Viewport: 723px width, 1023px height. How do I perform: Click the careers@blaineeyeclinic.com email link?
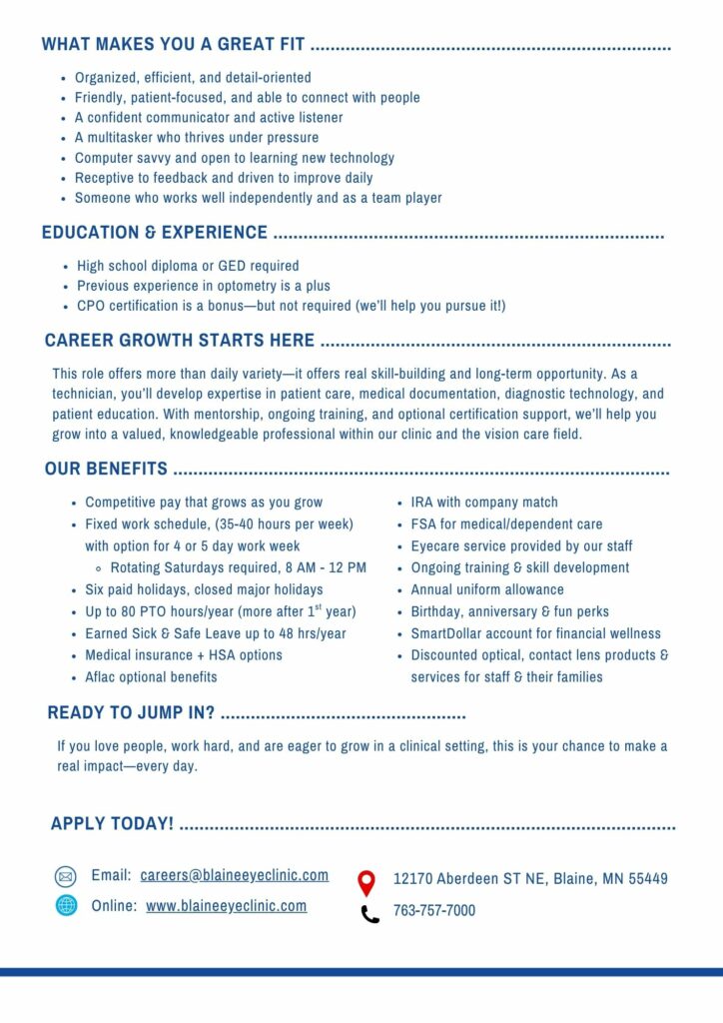pos(234,875)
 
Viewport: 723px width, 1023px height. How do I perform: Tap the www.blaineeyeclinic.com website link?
pos(226,906)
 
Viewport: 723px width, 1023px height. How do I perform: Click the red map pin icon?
pos(366,882)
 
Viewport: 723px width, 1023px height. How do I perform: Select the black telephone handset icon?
pos(369,913)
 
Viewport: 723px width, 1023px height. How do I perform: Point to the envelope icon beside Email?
pos(66,877)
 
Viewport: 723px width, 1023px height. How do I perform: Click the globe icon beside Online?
pos(66,906)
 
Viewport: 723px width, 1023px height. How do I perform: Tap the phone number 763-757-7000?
pos(433,911)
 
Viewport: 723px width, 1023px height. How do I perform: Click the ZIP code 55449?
pos(648,879)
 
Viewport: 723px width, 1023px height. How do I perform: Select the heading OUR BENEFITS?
pos(106,470)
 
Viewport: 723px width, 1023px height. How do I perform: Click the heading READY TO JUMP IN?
pos(131,713)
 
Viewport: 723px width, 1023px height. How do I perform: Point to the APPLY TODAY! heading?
pos(112,824)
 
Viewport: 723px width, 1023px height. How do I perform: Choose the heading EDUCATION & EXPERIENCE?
pos(155,233)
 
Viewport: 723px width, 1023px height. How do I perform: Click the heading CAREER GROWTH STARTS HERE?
pos(180,341)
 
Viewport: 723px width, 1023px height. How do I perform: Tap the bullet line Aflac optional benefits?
pos(151,677)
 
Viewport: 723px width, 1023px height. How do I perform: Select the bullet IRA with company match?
pos(484,503)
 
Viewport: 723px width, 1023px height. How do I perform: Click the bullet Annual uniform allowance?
pos(487,589)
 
